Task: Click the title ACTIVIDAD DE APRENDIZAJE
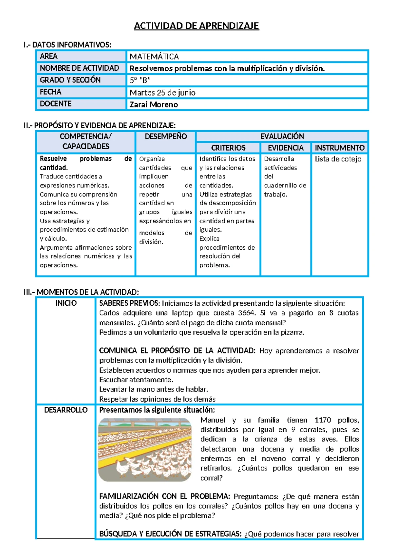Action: click(196, 26)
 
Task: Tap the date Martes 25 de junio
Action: click(162, 93)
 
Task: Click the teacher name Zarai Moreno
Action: click(154, 105)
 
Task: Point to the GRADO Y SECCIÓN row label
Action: click(70, 80)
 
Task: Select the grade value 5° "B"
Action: click(140, 80)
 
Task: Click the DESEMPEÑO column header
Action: click(166, 136)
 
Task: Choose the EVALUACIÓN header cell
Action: click(282, 136)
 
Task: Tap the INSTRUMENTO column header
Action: click(340, 148)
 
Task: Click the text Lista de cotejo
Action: click(338, 159)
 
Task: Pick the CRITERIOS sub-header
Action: click(228, 148)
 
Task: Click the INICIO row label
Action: click(66, 303)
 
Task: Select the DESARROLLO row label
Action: click(66, 410)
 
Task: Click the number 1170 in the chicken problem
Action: click(323, 420)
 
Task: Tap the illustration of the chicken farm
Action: click(145, 450)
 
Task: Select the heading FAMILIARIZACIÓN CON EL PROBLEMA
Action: click(164, 496)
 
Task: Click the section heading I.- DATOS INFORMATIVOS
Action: click(67, 45)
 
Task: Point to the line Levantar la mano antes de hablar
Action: click(153, 389)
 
